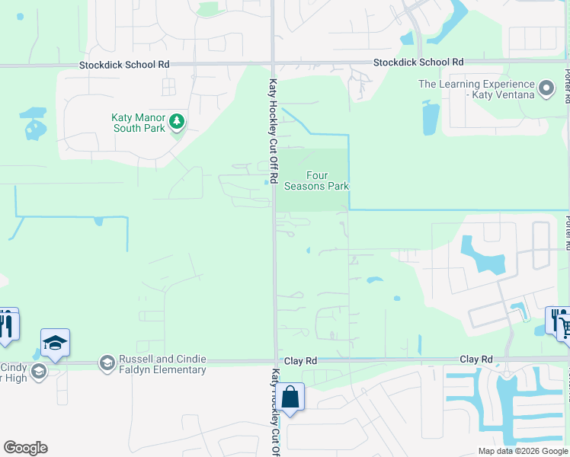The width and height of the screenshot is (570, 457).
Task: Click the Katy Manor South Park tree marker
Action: pos(177,121)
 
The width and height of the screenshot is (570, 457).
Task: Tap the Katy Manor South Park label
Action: pos(138,122)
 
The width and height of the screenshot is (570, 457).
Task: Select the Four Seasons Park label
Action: pos(317,181)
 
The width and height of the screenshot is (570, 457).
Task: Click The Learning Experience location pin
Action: pos(546,89)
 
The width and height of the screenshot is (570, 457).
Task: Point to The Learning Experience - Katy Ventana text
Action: pos(477,89)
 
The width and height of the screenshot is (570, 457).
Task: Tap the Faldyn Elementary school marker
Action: pos(107,364)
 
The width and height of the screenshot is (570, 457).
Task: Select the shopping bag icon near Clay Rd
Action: pos(290,396)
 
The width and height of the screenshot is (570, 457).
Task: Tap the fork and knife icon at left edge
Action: pos(6,323)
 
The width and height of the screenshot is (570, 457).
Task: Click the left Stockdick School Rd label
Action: pos(124,66)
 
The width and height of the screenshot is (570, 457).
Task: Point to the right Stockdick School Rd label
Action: pos(418,62)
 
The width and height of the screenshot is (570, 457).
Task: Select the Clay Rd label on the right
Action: pos(476,359)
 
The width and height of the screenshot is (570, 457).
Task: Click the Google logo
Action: pos(25,448)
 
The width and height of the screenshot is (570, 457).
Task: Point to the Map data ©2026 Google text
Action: pos(524,451)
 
